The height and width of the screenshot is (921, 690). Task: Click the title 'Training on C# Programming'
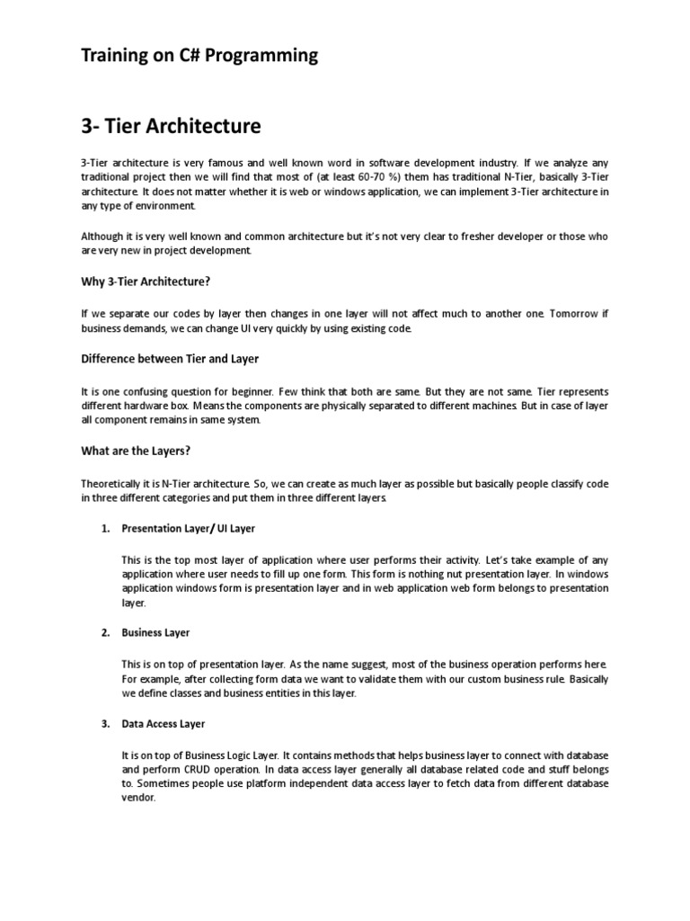(199, 56)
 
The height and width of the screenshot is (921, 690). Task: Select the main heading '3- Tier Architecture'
(171, 126)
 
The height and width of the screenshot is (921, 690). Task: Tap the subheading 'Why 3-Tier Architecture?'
(146, 282)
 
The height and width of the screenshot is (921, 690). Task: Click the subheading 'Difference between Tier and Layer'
(170, 359)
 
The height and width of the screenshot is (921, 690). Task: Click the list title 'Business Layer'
(155, 633)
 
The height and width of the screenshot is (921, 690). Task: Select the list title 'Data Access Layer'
(164, 724)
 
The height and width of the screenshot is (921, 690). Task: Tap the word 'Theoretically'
(111, 483)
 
